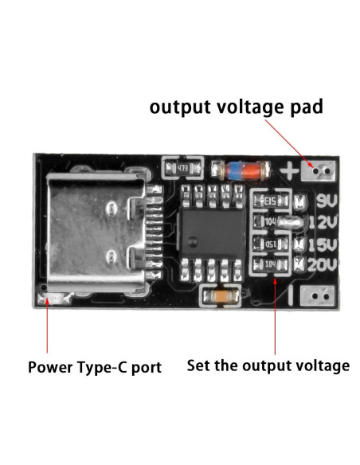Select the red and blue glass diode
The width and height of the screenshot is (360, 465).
pos(241,169)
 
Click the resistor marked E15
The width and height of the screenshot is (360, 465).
pos(270,201)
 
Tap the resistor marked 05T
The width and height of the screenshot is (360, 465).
pos(270,243)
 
